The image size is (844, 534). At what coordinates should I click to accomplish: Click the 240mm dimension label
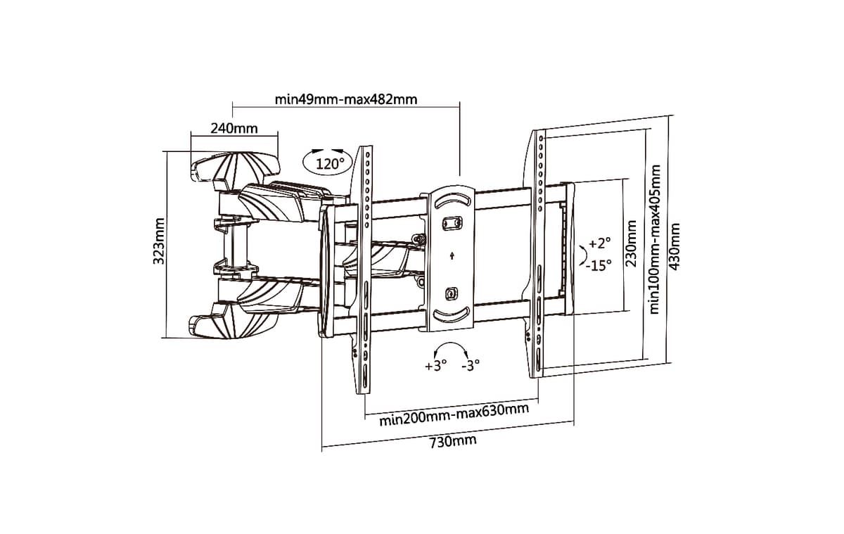click(x=234, y=129)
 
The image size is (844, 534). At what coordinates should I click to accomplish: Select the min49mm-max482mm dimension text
click(x=346, y=99)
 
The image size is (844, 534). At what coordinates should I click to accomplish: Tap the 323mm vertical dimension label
click(x=159, y=241)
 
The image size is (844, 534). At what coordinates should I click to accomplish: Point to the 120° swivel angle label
click(x=330, y=165)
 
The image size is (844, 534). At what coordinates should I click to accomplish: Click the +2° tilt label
click(x=599, y=243)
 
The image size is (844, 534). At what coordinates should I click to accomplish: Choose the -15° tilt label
click(x=599, y=266)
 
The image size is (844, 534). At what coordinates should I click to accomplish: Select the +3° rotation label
click(x=435, y=365)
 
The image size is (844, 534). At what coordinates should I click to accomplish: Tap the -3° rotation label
click(x=471, y=365)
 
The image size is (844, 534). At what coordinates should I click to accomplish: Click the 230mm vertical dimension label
click(x=631, y=244)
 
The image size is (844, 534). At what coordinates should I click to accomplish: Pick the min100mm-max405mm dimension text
click(x=655, y=240)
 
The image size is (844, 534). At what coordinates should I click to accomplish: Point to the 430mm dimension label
click(x=674, y=247)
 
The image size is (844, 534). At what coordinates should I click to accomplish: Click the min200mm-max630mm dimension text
click(x=454, y=414)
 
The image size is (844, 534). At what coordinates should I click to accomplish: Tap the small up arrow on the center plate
click(x=452, y=256)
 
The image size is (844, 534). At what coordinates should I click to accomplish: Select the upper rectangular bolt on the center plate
click(x=451, y=223)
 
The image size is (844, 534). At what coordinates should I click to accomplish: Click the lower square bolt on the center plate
click(x=452, y=293)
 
